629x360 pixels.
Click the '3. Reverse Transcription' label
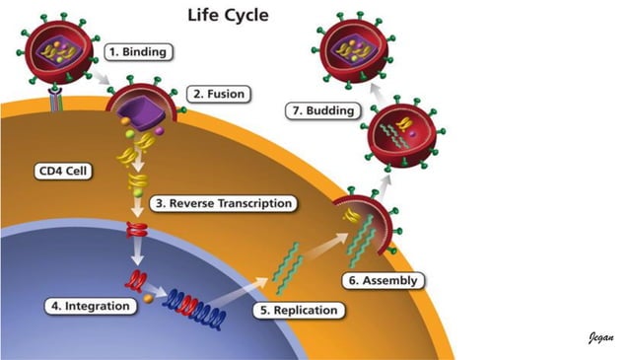point(223,203)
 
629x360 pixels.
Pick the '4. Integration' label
point(90,306)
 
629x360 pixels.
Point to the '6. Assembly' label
point(384,280)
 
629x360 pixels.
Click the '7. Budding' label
point(320,110)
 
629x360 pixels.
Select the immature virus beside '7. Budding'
point(402,137)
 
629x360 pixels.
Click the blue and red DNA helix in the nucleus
point(197,308)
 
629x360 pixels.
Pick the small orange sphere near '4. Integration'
point(147,299)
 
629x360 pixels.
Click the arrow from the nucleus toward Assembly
point(251,286)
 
